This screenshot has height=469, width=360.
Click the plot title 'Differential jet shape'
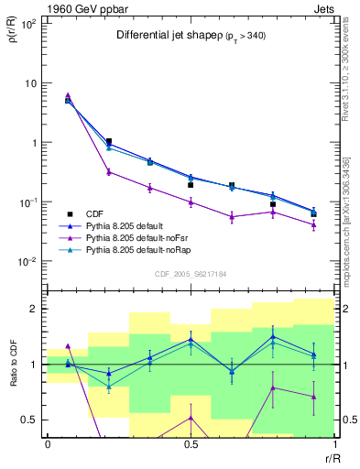click(165, 36)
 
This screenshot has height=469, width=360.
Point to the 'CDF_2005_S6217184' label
click(191, 272)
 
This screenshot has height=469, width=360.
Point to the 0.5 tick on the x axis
click(190, 445)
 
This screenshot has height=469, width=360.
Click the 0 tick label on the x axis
click(48, 445)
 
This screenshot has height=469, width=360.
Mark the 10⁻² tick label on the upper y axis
click(27, 261)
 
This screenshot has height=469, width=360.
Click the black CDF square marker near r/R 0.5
click(191, 185)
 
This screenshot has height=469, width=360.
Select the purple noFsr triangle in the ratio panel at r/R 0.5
click(191, 418)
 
